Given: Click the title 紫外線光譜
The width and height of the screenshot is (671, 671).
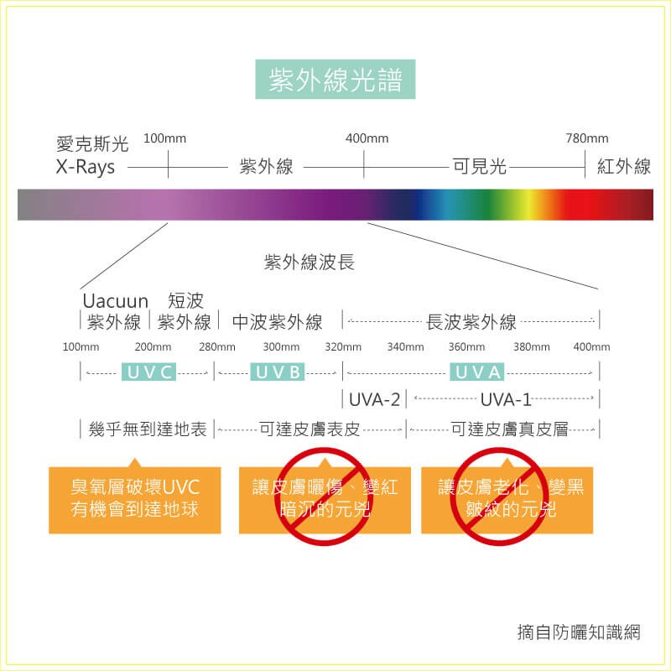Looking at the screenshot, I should [x=335, y=81].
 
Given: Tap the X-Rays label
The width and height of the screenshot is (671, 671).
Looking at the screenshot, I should [x=86, y=167].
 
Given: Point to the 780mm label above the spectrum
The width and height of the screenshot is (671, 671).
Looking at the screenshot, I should [x=587, y=138].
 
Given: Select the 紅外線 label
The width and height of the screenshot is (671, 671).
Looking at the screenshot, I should [x=624, y=167].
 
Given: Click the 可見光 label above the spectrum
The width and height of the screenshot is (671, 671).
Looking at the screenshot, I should [x=480, y=167].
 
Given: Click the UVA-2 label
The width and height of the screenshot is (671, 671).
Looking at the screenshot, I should [x=374, y=398].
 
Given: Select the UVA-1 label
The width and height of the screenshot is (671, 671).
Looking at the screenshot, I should [x=506, y=398].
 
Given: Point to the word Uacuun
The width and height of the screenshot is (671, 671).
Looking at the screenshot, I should [x=115, y=301].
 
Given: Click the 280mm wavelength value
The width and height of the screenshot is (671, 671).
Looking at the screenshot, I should [x=217, y=347].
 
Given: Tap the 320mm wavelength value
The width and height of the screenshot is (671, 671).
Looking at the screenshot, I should [x=343, y=347].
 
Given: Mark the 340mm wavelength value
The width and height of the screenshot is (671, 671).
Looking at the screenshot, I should [x=406, y=347].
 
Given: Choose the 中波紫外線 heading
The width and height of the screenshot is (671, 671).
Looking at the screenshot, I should [x=277, y=322].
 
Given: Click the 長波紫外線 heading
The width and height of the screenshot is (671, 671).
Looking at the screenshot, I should [x=471, y=322].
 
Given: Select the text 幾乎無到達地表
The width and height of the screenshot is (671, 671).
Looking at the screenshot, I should [x=148, y=430].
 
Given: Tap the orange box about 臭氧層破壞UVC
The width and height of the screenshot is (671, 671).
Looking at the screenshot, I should [x=135, y=498].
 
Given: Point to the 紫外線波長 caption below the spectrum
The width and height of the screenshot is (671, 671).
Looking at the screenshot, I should [x=309, y=263].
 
